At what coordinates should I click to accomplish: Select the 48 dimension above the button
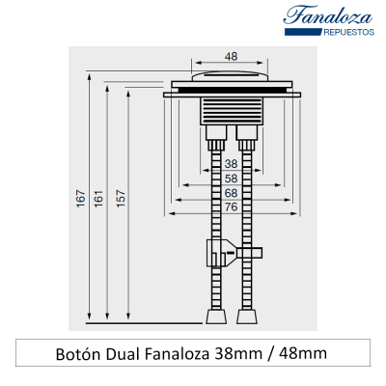[231, 57]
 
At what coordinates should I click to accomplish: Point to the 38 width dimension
[231, 164]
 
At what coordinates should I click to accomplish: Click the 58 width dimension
[231, 179]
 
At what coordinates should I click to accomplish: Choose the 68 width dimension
[231, 193]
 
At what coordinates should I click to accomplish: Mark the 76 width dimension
[231, 207]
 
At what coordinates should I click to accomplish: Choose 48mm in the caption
[303, 353]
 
